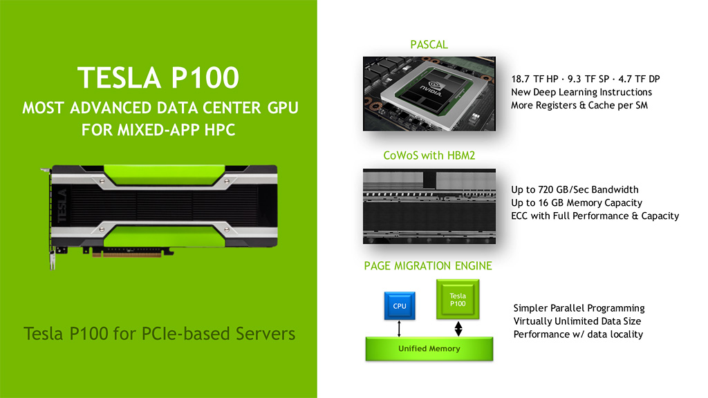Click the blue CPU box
coord(400,305)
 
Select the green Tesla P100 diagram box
coord(458,299)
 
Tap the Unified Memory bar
coord(429,348)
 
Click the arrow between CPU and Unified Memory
coord(399,328)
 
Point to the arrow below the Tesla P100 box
coord(458,328)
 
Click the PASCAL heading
coord(429,45)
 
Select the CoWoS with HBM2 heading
coord(429,155)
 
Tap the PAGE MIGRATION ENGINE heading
coord(428,266)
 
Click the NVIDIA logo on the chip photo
coord(430,88)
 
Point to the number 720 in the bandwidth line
coord(546,189)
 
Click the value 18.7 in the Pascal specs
coord(520,79)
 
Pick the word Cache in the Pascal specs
coord(601,105)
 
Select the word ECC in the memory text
coord(519,216)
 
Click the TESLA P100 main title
coord(158,77)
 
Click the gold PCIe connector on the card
coord(127,254)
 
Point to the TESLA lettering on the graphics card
coord(62,206)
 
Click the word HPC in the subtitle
coord(220,130)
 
